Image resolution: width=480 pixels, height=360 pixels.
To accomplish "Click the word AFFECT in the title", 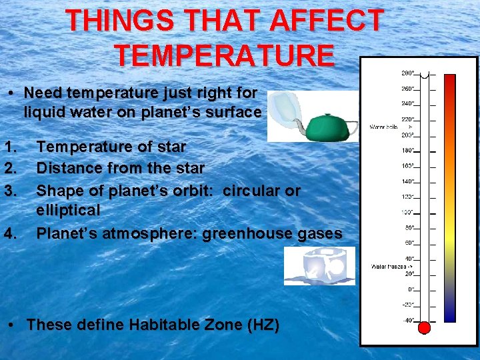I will [x=326, y=21].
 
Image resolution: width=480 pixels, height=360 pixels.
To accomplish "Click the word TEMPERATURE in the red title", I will [x=224, y=55].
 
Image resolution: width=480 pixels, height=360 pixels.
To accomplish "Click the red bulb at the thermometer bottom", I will [x=424, y=327].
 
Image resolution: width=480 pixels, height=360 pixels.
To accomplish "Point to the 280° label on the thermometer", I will [x=407, y=73].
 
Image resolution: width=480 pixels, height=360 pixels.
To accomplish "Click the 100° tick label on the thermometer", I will [x=407, y=212].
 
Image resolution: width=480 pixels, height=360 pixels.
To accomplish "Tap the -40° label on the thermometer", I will [x=407, y=321].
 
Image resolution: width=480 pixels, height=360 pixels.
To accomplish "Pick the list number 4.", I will [x=9, y=234].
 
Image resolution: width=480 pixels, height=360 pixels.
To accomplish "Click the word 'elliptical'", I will [x=68, y=211].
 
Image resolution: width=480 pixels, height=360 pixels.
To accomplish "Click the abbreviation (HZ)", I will [x=263, y=325].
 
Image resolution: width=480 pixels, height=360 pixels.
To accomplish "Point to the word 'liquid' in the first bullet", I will [x=45, y=113].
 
